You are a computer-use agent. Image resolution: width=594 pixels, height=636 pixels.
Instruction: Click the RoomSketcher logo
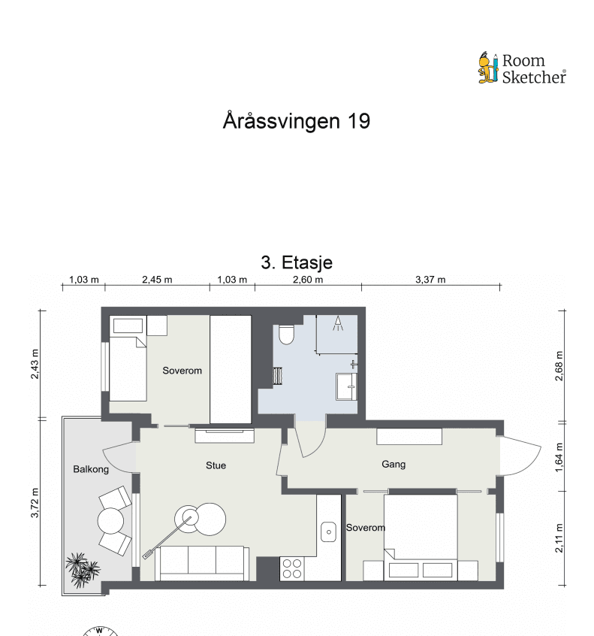click(522, 68)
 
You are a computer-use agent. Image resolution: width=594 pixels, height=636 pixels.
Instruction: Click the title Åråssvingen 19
click(297, 121)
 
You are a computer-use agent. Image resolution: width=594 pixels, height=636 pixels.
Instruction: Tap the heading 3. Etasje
click(297, 262)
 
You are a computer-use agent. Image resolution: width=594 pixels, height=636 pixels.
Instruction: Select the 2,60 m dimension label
click(308, 280)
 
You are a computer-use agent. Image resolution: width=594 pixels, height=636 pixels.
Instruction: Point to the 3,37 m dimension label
click(430, 280)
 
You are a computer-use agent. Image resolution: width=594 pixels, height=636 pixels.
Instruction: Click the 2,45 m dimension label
click(157, 280)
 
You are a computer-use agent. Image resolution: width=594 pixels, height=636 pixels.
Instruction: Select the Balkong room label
click(91, 469)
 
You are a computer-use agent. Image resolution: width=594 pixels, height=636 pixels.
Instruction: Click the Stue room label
click(216, 465)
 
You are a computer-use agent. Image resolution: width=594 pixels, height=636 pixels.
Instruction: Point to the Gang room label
click(393, 465)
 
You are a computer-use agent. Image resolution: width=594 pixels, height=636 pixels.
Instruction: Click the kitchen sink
click(328, 532)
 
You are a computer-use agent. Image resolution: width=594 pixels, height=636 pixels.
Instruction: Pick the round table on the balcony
click(111, 520)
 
